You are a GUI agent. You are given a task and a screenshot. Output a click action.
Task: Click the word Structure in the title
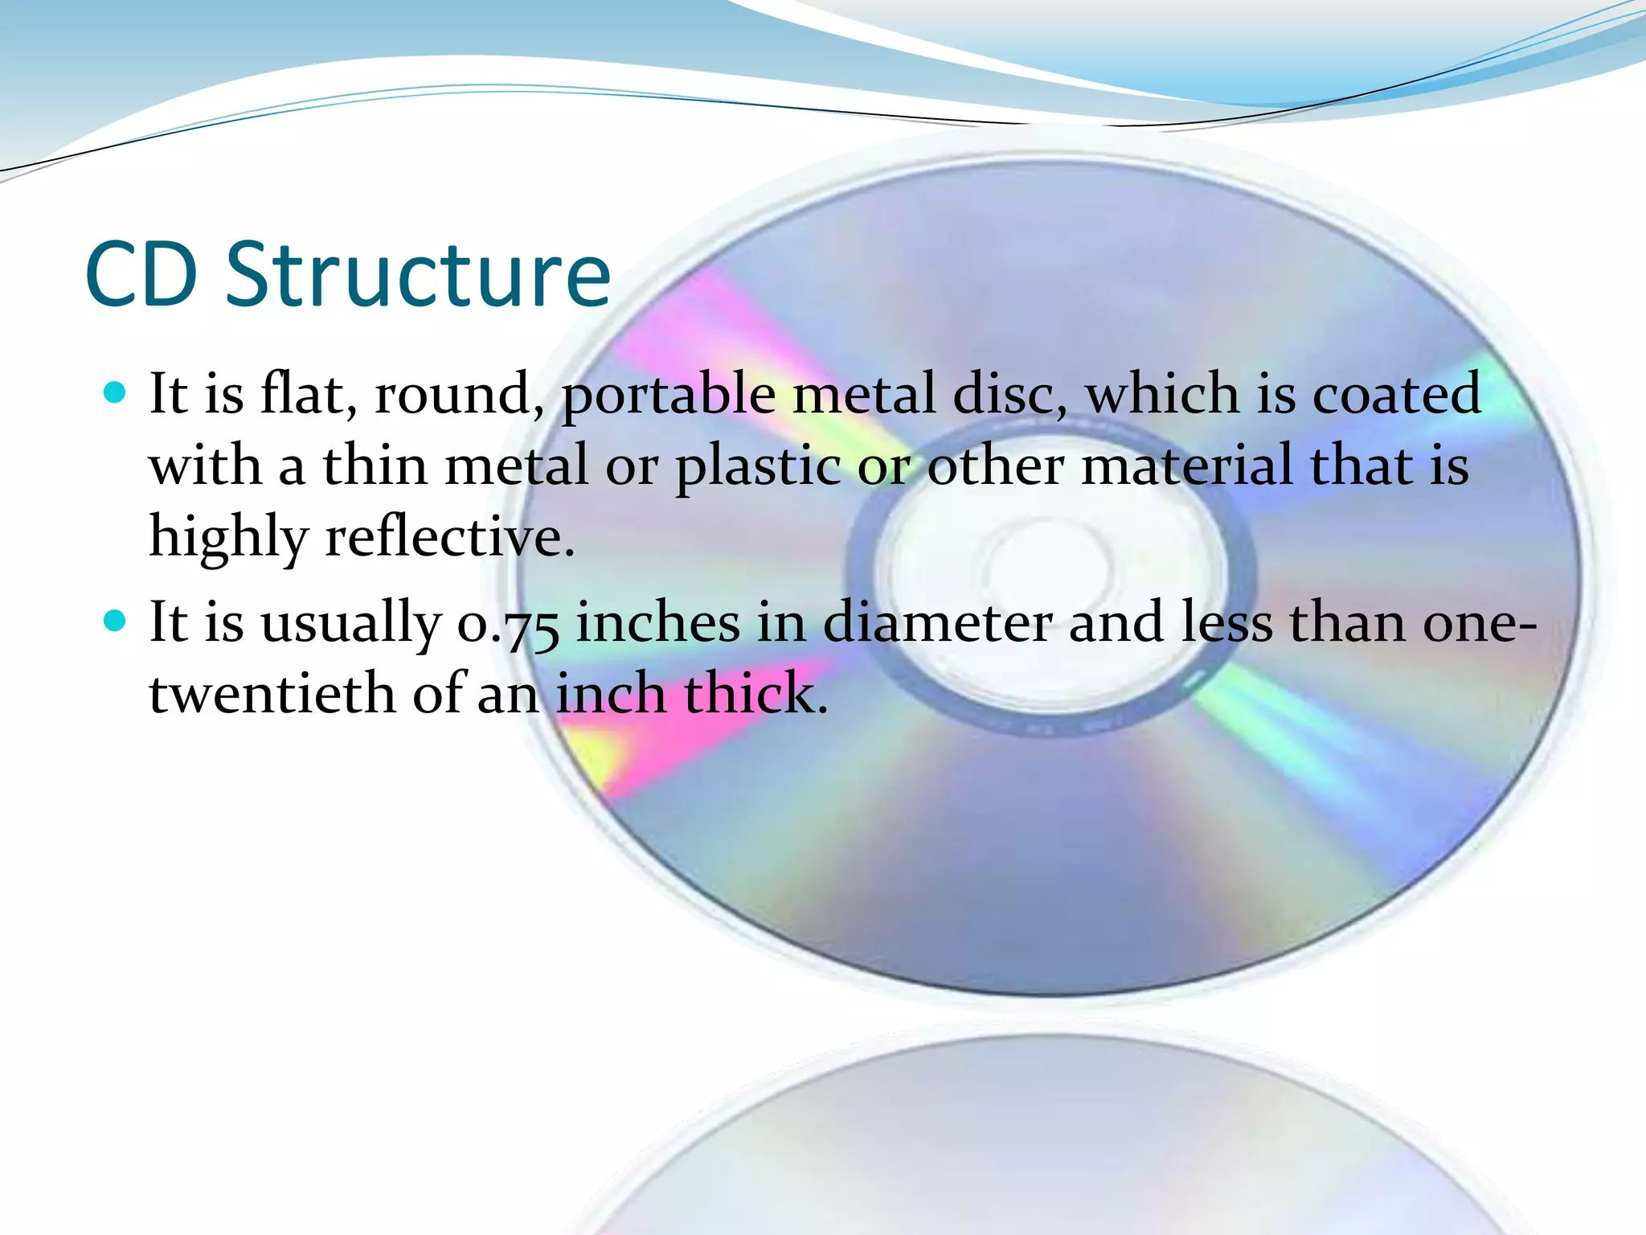[418, 275]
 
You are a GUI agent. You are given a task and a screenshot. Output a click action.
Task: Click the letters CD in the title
[141, 275]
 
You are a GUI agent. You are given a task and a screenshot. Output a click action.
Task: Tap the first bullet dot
[116, 392]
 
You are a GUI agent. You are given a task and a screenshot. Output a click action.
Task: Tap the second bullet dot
[116, 621]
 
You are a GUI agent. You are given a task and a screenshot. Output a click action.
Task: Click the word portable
[668, 396]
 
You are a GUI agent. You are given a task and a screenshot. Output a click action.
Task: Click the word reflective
[450, 537]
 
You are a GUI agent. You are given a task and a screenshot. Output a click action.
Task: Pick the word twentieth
[272, 693]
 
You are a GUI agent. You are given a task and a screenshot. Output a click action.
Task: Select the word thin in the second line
[375, 466]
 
